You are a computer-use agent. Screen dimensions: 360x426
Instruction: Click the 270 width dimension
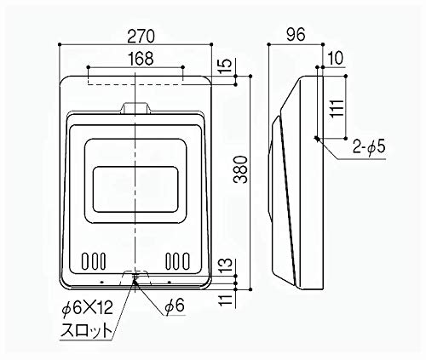pyautogui.click(x=136, y=36)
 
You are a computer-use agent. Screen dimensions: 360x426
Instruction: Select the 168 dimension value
pyautogui.click(x=136, y=58)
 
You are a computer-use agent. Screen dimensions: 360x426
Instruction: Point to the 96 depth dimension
pyautogui.click(x=295, y=36)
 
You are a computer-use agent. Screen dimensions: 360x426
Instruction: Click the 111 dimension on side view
pyautogui.click(x=337, y=106)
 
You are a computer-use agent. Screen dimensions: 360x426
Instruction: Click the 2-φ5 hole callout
pyautogui.click(x=368, y=148)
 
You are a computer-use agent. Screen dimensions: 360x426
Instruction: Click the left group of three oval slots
pyautogui.click(x=94, y=260)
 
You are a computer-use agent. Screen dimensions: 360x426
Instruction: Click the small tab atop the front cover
pyautogui.click(x=136, y=108)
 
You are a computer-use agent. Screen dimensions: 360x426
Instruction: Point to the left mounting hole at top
pyautogui.click(x=89, y=68)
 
